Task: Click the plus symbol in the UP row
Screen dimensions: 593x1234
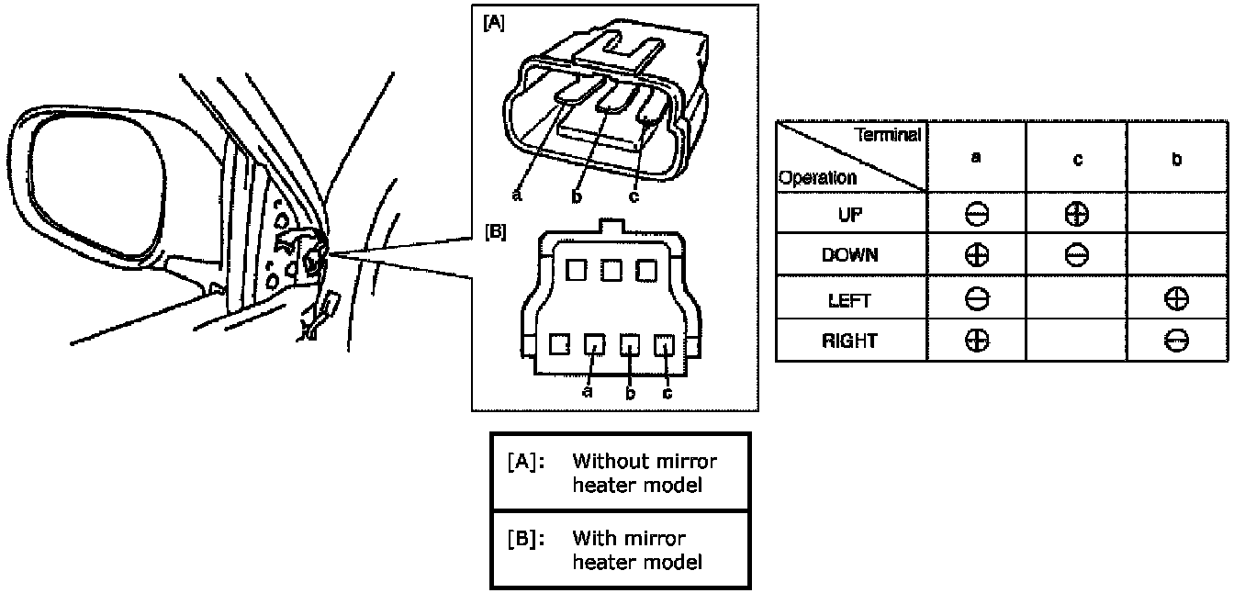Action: click(1077, 213)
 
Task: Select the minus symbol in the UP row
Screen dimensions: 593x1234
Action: click(977, 213)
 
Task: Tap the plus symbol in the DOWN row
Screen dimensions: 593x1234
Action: click(977, 255)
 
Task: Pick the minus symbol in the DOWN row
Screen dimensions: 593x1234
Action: click(1077, 255)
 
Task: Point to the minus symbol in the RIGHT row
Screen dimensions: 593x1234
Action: click(1176, 341)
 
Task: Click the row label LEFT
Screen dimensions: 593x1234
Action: click(850, 299)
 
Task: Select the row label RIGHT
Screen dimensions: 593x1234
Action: click(850, 341)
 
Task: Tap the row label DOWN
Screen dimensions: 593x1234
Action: click(850, 256)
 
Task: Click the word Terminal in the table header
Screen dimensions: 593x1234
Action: click(888, 135)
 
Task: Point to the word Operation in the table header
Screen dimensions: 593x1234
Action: click(817, 178)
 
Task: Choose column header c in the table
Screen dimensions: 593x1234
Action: click(1077, 160)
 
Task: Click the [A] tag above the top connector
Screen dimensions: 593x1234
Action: click(493, 23)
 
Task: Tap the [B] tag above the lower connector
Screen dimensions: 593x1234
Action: click(494, 231)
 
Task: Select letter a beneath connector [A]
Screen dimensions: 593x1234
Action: click(517, 196)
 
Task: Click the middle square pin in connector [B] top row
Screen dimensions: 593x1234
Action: click(612, 270)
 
